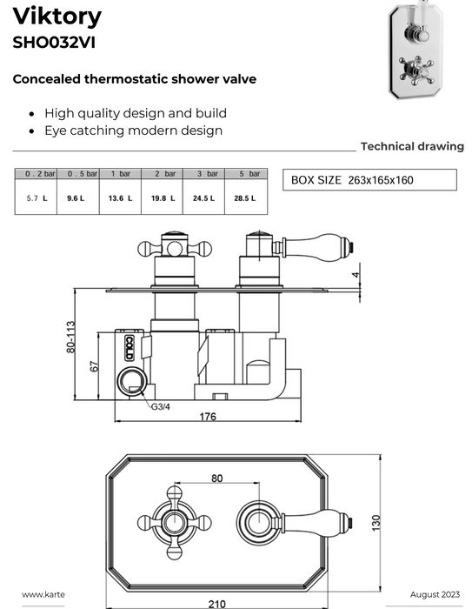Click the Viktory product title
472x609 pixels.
(57, 17)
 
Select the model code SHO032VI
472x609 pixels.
(54, 43)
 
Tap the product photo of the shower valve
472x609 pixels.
(415, 50)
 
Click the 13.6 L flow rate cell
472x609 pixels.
(120, 198)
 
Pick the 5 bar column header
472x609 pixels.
(246, 174)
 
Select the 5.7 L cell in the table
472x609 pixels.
(37, 198)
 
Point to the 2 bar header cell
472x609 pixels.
(163, 174)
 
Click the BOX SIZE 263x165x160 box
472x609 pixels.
(369, 180)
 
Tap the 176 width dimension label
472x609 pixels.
(208, 417)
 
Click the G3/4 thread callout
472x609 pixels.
(160, 406)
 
